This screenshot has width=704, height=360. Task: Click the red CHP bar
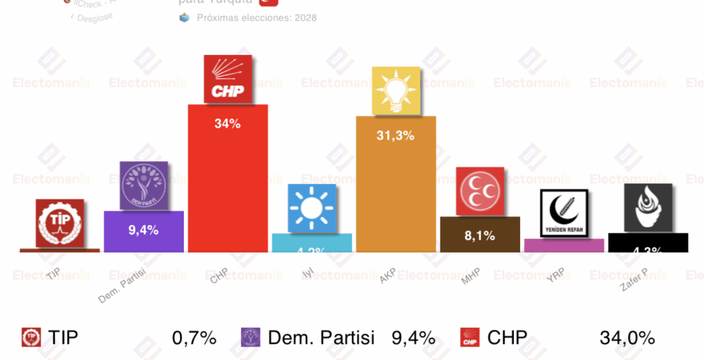tap(228, 188)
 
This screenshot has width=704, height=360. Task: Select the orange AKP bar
tap(396, 196)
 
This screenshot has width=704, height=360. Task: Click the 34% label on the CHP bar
tap(228, 123)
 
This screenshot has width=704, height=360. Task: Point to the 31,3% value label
tap(396, 135)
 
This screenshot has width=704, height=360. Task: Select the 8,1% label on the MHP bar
tap(480, 235)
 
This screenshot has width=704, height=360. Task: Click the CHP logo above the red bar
tap(228, 78)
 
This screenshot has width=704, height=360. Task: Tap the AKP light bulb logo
tap(396, 91)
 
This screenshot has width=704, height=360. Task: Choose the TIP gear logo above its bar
tap(59, 223)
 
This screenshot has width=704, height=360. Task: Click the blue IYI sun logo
tap(312, 208)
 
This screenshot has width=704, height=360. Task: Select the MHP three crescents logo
tap(480, 192)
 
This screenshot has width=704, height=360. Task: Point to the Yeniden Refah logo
tap(564, 214)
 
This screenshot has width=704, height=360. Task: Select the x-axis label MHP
tap(470, 276)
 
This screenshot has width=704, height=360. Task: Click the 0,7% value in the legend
tap(194, 338)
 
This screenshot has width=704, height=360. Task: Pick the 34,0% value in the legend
tap(627, 338)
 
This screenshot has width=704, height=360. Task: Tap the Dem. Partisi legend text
tap(321, 338)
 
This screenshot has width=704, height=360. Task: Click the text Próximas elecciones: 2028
tap(257, 17)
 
